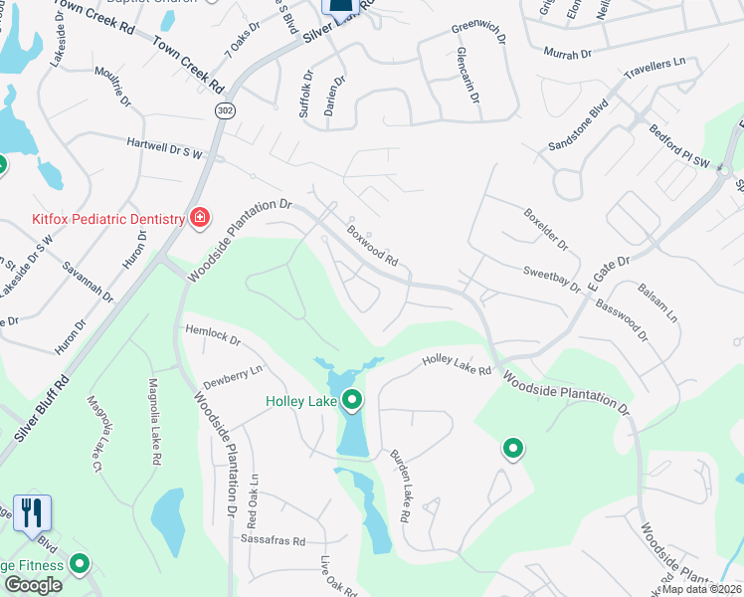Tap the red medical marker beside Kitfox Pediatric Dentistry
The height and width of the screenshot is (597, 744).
pyautogui.click(x=199, y=218)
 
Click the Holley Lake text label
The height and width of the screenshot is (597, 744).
pyautogui.click(x=300, y=402)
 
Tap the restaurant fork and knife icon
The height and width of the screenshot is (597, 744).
pyautogui.click(x=32, y=512)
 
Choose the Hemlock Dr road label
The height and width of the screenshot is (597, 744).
pyautogui.click(x=213, y=335)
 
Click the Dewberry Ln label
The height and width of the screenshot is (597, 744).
pyautogui.click(x=233, y=375)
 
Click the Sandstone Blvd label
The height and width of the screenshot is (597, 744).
pyautogui.click(x=577, y=130)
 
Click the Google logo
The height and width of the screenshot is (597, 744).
pyautogui.click(x=33, y=585)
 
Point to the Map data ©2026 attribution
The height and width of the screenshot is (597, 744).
pyautogui.click(x=699, y=589)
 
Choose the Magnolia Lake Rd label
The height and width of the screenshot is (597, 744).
pyautogui.click(x=154, y=422)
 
